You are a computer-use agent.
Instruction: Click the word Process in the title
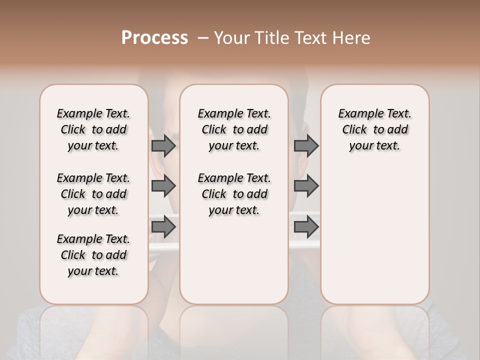click(x=154, y=38)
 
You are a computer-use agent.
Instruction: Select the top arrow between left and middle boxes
click(x=163, y=145)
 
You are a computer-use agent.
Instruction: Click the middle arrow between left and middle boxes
click(x=163, y=186)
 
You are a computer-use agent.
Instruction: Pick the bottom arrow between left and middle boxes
click(x=163, y=227)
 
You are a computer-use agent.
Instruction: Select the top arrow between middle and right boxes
click(x=306, y=145)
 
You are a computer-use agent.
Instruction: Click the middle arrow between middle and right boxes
click(x=306, y=186)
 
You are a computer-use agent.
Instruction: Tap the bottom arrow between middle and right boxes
click(x=306, y=227)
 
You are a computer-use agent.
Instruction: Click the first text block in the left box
click(x=93, y=129)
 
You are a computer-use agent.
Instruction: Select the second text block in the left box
click(x=93, y=194)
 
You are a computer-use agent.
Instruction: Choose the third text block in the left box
click(x=93, y=255)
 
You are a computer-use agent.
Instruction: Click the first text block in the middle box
click(x=234, y=129)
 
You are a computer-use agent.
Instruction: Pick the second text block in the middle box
click(x=234, y=194)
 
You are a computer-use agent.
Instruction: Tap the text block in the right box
click(x=374, y=129)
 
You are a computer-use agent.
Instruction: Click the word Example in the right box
click(x=357, y=113)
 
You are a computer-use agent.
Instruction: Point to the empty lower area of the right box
click(x=374, y=235)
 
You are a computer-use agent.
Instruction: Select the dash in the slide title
click(x=203, y=38)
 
